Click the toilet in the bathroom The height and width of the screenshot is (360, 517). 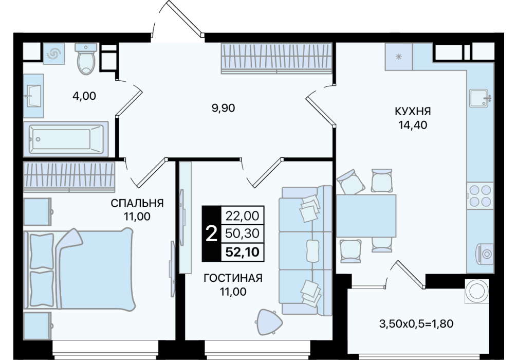[86, 59]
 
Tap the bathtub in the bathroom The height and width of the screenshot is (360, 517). [66, 139]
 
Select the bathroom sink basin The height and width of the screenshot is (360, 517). [33, 96]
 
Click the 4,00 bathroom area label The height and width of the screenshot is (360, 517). [84, 96]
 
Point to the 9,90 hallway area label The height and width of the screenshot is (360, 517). [223, 107]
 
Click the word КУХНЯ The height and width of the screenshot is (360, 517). [413, 112]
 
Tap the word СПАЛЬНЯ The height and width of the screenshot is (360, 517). [137, 203]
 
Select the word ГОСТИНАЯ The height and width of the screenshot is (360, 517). [233, 278]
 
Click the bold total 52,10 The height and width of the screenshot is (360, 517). [243, 253]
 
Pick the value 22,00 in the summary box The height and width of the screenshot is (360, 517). [243, 216]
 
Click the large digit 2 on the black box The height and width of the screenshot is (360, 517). [211, 233]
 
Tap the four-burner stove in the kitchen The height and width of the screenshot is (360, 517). [480, 195]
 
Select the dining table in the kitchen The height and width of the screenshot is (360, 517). [366, 216]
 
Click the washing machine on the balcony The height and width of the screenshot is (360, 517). [477, 291]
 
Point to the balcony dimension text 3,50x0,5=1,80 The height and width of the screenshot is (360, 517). [416, 323]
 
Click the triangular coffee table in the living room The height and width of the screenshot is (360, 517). [269, 322]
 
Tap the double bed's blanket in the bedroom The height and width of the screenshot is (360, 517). [96, 269]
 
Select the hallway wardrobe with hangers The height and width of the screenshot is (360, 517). [276, 58]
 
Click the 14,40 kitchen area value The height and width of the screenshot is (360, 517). [413, 125]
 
